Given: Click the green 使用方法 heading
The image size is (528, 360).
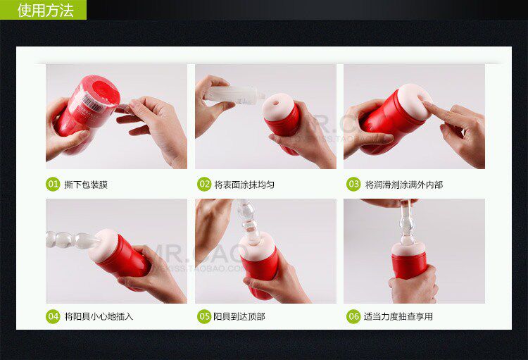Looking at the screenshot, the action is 46,10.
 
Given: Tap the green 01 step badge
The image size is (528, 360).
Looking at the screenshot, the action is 53,184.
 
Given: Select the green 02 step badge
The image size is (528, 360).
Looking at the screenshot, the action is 204,184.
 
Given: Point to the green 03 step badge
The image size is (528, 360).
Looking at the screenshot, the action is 353,184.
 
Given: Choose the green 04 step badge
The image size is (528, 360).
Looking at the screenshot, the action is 53,316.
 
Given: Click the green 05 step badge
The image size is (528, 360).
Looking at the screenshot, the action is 204,316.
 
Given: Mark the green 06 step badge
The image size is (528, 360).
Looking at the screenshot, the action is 353,316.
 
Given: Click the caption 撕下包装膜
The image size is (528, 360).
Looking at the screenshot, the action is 86,185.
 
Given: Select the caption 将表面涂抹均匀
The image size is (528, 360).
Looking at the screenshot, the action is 244,185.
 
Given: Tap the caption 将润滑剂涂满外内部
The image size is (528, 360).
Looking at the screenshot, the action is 404,185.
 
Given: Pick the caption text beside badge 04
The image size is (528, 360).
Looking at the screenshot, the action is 99,316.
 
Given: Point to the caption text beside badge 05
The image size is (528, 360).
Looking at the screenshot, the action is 239,316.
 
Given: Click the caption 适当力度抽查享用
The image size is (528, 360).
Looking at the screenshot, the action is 398,316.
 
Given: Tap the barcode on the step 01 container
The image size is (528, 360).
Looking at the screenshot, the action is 92,102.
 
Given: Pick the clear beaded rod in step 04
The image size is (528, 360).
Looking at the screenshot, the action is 73,240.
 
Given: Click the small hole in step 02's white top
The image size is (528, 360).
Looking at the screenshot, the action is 276,104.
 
